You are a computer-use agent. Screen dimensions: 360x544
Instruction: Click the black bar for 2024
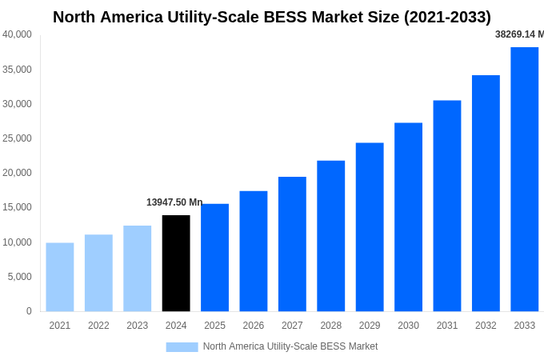pyautogui.click(x=176, y=263)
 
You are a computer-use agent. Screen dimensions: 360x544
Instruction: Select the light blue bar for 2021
pyautogui.click(x=60, y=277)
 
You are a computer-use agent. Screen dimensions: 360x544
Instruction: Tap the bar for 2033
pyautogui.click(x=524, y=179)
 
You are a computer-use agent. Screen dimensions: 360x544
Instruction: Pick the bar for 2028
pyautogui.click(x=330, y=236)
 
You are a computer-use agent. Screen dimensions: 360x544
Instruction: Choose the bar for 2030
pyautogui.click(x=408, y=217)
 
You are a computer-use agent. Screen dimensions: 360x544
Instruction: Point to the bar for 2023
pyautogui.click(x=138, y=268)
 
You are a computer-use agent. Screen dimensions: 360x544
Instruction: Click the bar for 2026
pyautogui.click(x=254, y=251)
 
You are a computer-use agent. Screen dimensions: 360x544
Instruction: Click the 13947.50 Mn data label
pyautogui.click(x=174, y=202)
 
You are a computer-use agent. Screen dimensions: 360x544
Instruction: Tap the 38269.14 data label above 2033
pyautogui.click(x=519, y=34)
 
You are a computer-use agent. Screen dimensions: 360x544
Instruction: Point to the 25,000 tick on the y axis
pyautogui.click(x=17, y=138)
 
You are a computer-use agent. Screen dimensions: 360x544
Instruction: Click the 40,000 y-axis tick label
pyautogui.click(x=17, y=34)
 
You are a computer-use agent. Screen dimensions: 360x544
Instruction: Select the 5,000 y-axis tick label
pyautogui.click(x=19, y=277)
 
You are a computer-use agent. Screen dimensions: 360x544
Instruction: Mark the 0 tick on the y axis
pyautogui.click(x=29, y=311)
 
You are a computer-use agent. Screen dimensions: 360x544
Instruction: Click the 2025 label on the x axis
pyautogui.click(x=214, y=326)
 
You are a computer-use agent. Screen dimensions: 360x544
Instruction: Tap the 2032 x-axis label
pyautogui.click(x=486, y=326)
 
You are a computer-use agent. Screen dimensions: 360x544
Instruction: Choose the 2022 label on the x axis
pyautogui.click(x=98, y=326)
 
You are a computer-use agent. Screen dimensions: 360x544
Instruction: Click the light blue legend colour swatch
pyautogui.click(x=182, y=346)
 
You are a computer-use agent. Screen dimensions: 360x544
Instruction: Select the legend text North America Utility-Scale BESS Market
pyautogui.click(x=290, y=346)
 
